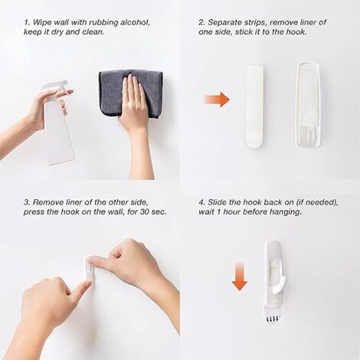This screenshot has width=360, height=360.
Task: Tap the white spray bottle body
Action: pos(59,133)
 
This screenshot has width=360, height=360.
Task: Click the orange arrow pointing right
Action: pos(217,100)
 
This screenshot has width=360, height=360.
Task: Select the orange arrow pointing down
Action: pos(240,276)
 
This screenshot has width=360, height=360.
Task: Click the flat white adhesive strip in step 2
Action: pos(254,106)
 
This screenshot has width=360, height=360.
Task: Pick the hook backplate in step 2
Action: pos(308,105)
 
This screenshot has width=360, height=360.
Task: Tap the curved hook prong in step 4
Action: pos(279,285)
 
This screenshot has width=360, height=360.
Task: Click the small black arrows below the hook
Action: pos(272,319)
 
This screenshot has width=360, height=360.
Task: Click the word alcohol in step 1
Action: pos(135,22)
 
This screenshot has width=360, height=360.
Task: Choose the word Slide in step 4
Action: pos(217,202)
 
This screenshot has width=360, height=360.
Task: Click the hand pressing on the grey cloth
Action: pos(134,107)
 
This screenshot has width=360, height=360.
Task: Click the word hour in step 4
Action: pos(232,212)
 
